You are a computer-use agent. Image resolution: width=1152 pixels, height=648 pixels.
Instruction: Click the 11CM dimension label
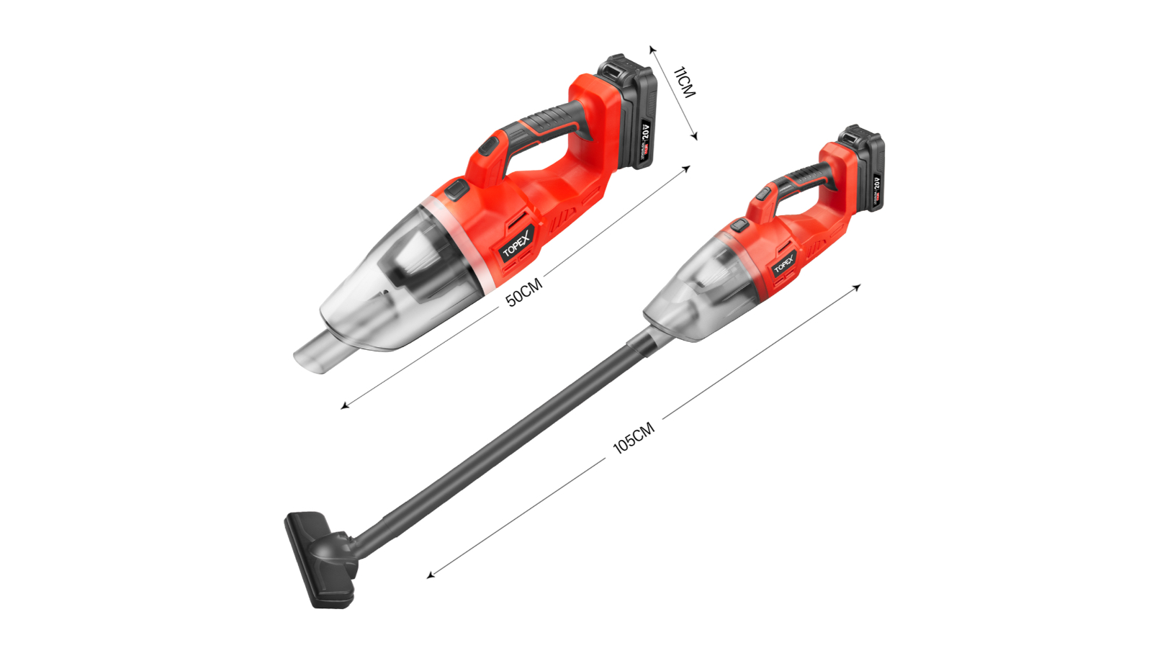(x=684, y=82)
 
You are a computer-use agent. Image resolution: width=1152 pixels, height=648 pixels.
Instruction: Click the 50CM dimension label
(x=523, y=293)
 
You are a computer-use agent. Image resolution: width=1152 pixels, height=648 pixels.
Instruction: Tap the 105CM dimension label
(x=634, y=438)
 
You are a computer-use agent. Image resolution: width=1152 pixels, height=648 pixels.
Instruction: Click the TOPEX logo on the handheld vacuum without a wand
(x=517, y=243)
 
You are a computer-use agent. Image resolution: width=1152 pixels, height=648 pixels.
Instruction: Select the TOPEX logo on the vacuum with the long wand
(x=784, y=264)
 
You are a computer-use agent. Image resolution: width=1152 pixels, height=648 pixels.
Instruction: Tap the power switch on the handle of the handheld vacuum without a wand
(x=489, y=148)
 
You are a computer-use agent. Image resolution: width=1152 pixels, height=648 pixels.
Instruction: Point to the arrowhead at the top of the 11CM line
(x=652, y=49)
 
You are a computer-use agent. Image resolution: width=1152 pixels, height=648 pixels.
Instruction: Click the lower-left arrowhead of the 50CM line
(x=345, y=406)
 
